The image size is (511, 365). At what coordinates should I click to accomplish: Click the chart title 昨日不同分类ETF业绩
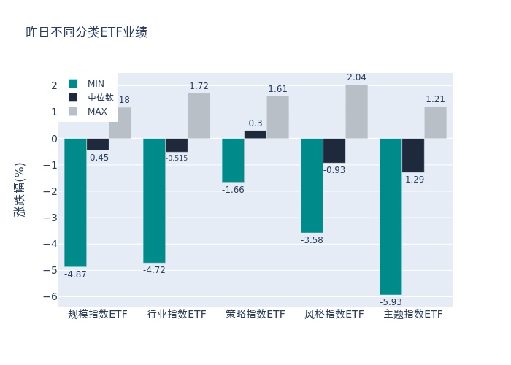click(86, 32)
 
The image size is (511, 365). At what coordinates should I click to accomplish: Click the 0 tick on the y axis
click(53, 139)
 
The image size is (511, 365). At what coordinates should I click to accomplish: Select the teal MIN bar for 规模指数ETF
click(75, 202)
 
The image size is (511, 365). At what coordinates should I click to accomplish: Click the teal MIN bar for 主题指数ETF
click(391, 216)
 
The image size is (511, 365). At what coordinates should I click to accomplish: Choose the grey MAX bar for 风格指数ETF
click(356, 112)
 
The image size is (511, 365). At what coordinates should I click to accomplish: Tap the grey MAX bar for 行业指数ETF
click(199, 116)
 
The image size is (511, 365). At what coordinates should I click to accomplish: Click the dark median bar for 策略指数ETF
click(255, 134)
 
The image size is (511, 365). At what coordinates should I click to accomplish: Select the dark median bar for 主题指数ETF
click(412, 155)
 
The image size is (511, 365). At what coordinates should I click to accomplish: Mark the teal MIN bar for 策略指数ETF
click(233, 160)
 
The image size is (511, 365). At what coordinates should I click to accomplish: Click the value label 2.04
click(356, 77)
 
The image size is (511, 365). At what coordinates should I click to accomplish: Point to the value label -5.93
click(391, 301)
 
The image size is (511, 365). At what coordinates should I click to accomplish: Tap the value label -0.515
click(177, 158)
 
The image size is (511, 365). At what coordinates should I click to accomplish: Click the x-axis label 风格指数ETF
click(334, 315)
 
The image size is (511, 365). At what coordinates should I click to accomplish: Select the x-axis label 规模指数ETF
click(98, 315)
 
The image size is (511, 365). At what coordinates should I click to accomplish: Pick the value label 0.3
click(255, 123)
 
